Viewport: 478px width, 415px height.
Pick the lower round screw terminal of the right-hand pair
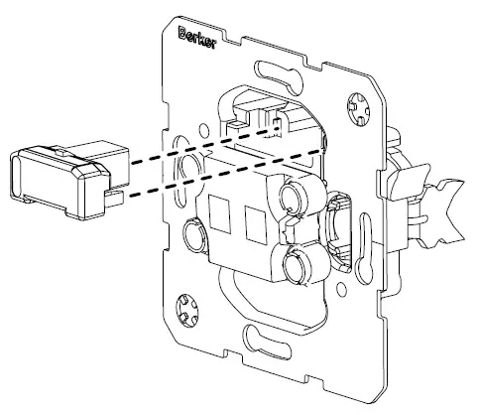pos(295,266)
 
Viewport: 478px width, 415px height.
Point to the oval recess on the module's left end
pos(23,178)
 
